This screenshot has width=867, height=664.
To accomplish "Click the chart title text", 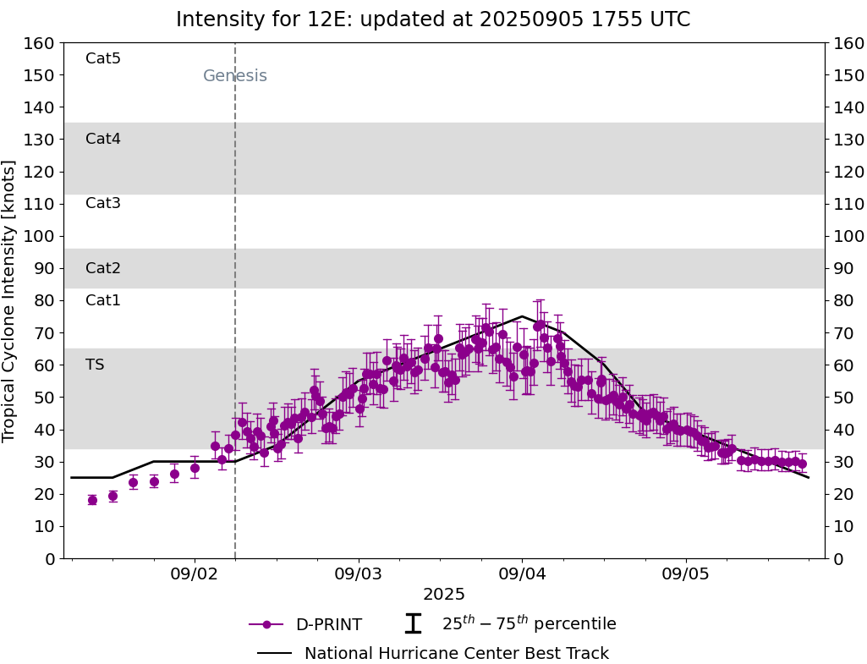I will pos(433,19).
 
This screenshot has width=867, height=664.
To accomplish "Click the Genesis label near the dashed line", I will pos(235,76).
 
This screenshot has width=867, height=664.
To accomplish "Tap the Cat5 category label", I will pos(103,58).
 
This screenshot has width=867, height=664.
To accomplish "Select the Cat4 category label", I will pos(103,139).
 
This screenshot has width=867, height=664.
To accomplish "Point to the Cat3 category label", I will pos(103,203).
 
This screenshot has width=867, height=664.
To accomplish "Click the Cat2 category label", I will pos(103,268).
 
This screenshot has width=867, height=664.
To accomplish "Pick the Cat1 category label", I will pos(103,300).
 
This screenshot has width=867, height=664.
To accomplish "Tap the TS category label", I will pos(95,365).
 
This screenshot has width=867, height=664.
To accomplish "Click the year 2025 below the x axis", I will pos(444,595).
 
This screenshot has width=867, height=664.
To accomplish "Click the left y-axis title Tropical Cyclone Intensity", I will pos(9,300).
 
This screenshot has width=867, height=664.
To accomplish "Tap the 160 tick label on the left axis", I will pos(41,43).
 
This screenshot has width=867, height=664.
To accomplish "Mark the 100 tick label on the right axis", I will pos(848,236).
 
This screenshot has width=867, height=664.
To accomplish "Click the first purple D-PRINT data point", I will pos(92,500).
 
